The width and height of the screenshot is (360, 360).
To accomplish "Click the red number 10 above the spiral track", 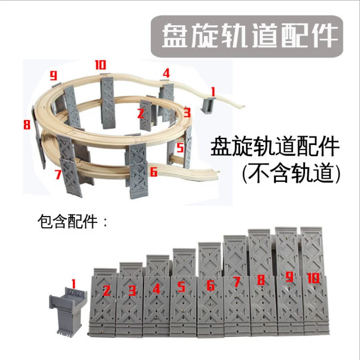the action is tap(101, 65).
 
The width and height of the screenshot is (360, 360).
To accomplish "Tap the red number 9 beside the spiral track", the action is tap(54, 75).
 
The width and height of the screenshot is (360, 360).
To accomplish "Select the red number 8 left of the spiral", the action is tap(27, 125).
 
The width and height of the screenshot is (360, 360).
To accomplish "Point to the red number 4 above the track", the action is tap(166, 73).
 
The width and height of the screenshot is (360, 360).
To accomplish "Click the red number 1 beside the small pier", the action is tap(213, 92).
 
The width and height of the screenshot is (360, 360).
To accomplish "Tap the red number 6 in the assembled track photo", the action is tap(154, 172).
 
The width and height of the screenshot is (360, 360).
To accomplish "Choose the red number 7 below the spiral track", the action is tap(58, 174).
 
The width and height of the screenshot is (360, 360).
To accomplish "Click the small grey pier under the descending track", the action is tap(208, 105).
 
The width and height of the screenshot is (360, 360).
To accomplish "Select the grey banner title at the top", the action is tap(247, 36).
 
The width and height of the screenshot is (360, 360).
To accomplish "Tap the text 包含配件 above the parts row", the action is tap(68, 221).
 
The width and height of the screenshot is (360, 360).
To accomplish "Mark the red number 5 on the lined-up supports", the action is tap(181, 287).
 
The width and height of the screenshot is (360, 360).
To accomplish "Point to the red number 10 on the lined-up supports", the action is tap(313, 278).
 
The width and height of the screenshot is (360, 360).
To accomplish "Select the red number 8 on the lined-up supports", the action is tap(261, 280).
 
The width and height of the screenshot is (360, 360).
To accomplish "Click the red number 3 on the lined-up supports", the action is tap(132, 291).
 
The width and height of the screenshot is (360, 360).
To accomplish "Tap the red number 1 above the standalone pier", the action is tap(73, 284).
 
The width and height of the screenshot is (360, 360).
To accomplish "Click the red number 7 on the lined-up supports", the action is tap(236, 282).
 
